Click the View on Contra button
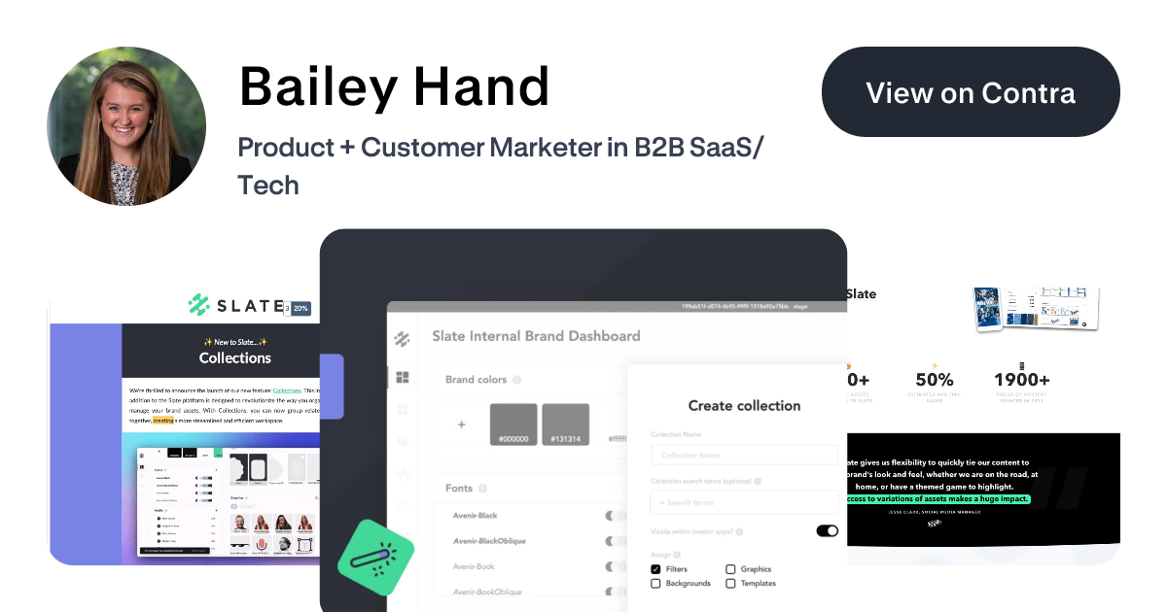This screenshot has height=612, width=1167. [971, 92]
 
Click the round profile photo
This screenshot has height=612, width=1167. [126, 126]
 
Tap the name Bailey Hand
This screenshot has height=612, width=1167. [394, 86]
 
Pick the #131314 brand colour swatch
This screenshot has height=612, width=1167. [565, 425]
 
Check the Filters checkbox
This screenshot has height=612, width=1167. [656, 569]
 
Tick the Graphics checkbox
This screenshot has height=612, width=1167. [731, 569]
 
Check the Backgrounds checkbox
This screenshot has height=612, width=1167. [656, 584]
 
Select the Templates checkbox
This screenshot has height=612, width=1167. [731, 584]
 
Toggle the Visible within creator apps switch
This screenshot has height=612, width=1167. [827, 531]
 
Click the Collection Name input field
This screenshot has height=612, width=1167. [744, 455]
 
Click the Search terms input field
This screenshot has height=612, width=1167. [744, 502]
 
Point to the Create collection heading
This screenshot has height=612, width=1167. [744, 406]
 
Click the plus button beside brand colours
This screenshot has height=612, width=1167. [462, 425]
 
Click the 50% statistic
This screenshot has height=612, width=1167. [934, 380]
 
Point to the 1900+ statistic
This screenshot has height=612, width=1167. [1021, 380]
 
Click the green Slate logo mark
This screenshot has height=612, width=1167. [200, 305]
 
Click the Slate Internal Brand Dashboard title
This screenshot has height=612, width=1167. [536, 336]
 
